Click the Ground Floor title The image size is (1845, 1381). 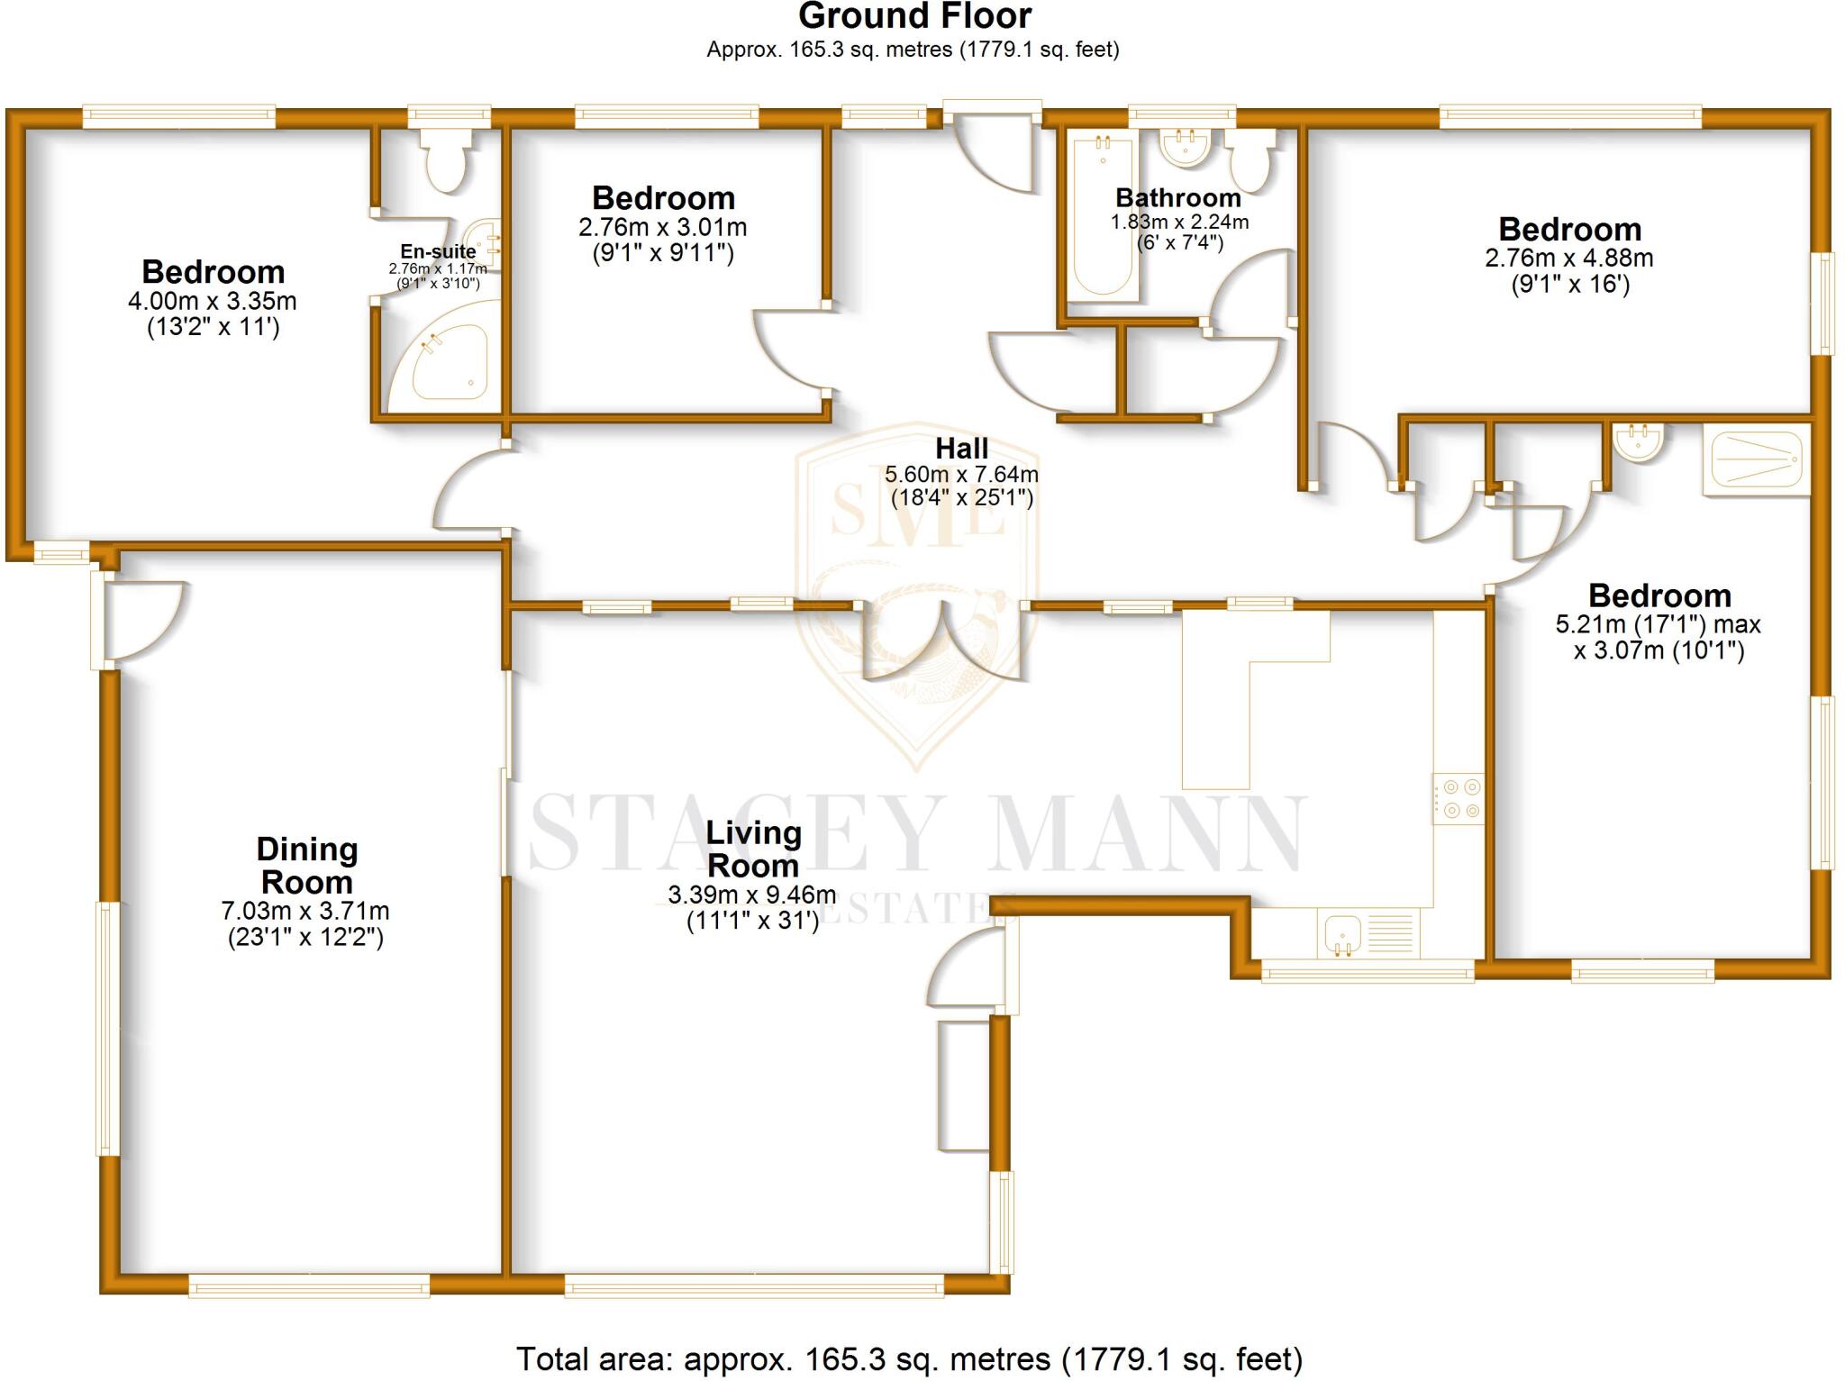coord(913,16)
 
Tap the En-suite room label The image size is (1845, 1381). coord(438,252)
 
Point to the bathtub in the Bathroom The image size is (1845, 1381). coord(1102,216)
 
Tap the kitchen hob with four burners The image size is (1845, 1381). coord(1458,798)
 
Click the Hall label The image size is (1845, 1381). coord(961,449)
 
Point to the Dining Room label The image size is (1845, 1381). coord(306,865)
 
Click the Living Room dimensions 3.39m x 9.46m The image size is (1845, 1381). coord(751,895)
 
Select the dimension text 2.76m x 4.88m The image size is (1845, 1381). coord(1568,259)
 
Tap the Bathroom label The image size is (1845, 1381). coord(1177,198)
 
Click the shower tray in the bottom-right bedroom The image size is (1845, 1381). coord(1756,459)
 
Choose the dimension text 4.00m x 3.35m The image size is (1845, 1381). coord(213,301)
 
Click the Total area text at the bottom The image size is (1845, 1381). coord(909,1358)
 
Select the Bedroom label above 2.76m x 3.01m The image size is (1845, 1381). coord(663,198)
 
